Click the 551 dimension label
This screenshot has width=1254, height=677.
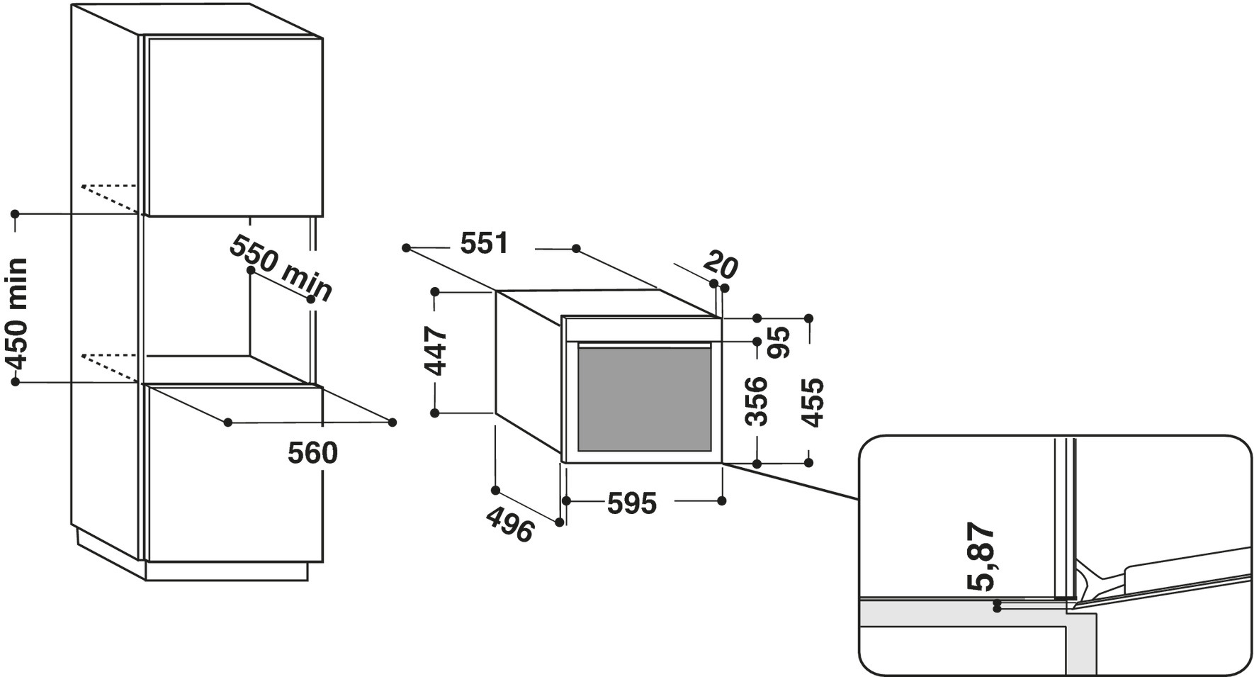485,244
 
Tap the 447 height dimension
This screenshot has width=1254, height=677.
436,351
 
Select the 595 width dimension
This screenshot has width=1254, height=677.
631,503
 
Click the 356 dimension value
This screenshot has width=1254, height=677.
757,401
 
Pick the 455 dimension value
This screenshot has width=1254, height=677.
813,402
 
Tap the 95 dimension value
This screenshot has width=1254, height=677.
779,342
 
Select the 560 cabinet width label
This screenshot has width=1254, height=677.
312,453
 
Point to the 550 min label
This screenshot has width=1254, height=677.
281,269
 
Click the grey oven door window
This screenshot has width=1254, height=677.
644,398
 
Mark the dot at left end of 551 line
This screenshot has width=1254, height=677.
406,247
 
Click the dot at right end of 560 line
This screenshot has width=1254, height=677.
392,423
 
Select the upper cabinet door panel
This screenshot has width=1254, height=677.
235,125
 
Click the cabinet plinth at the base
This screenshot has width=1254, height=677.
227,570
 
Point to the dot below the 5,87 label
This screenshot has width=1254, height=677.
997,607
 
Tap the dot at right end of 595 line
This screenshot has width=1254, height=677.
722,500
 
